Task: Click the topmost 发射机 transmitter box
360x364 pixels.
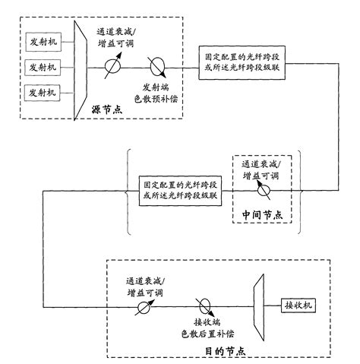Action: coord(42,40)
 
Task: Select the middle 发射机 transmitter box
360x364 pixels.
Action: coord(42,66)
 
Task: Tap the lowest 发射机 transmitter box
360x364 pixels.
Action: coord(42,93)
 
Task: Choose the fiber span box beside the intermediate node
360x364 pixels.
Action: coord(181,190)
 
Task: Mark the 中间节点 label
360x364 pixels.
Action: coord(262,215)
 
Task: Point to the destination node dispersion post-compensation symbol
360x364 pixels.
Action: coord(204,305)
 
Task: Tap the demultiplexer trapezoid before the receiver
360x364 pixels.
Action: coord(257,305)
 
